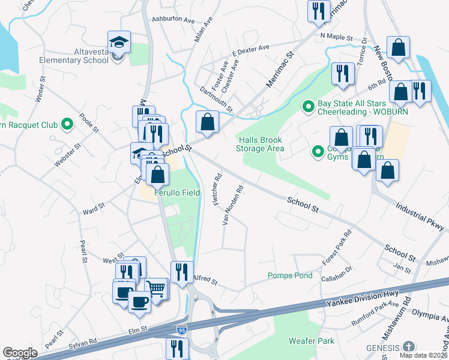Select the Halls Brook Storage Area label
tap(259, 144)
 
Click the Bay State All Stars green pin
tap(309, 107)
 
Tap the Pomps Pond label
tap(290, 275)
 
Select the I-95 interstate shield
tap(181, 329)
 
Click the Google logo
tap(19, 353)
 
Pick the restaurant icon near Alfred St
tap(182, 272)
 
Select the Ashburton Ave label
tap(173, 20)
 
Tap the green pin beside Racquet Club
tap(67, 125)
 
